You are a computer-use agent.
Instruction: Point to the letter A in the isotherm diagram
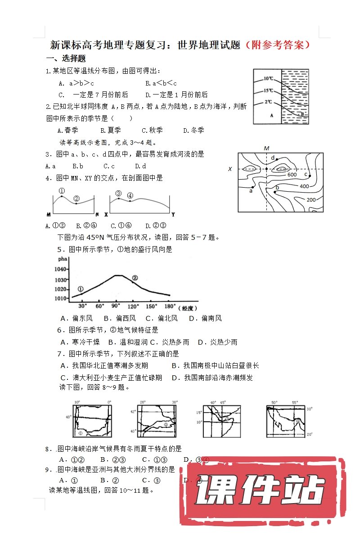click(x=271, y=115)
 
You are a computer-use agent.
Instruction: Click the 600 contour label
click(x=292, y=175)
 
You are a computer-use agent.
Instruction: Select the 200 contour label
click(x=311, y=199)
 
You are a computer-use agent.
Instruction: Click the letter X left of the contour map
click(x=230, y=169)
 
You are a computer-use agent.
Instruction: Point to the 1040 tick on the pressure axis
click(x=61, y=269)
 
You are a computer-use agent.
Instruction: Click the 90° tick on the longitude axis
click(x=116, y=306)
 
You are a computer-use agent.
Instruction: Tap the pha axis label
click(x=62, y=259)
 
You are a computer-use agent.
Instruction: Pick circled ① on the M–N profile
click(x=62, y=191)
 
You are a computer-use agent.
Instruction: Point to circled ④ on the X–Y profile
click(x=130, y=196)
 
